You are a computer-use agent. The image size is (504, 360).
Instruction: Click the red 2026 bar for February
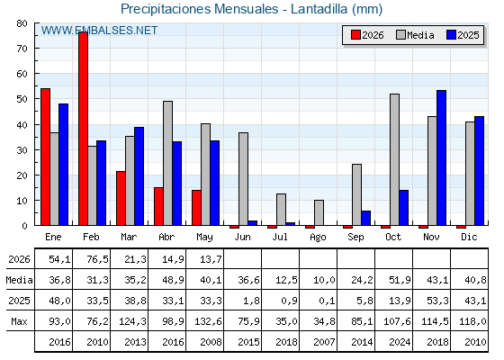click(x=83, y=129)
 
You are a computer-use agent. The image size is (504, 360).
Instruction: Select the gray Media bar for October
click(x=394, y=159)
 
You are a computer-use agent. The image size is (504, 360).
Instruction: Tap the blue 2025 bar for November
click(x=441, y=157)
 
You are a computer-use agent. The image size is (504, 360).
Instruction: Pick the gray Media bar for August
click(x=319, y=212)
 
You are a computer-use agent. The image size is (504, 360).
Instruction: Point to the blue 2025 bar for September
click(x=365, y=218)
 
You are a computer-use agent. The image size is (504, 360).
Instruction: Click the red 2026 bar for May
click(x=196, y=208)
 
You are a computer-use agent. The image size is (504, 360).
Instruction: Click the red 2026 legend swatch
click(x=355, y=35)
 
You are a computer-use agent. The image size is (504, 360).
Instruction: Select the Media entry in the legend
click(x=415, y=35)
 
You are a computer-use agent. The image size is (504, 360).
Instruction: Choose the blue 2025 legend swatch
click(x=451, y=35)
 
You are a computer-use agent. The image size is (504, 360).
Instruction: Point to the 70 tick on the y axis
click(x=22, y=49)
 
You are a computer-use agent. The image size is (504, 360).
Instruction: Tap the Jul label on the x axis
click(x=280, y=237)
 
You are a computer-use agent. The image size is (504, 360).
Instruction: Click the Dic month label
click(x=469, y=237)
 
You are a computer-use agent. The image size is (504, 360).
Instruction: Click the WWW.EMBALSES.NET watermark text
click(x=99, y=31)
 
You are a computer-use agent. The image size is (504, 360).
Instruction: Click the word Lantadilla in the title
click(x=319, y=9)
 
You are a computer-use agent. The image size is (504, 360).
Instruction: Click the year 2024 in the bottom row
click(x=400, y=342)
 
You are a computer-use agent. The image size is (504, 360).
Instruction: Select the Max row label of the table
click(x=19, y=321)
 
